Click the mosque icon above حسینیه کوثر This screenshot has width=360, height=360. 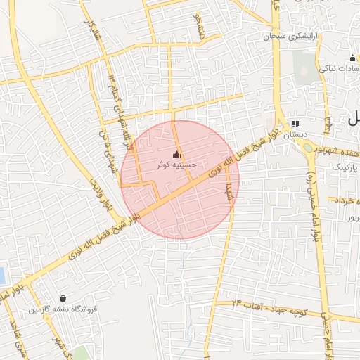pos(176,155)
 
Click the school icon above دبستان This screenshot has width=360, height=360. pos(295,123)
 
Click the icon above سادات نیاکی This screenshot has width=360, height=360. pos(352,58)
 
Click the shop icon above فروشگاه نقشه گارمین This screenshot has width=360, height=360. pos(64,299)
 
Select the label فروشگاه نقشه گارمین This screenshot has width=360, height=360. pos(63,309)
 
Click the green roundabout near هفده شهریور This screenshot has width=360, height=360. pos(308,148)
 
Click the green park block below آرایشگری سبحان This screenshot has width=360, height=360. pos(305,67)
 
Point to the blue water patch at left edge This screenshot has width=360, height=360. pos(3,276)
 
